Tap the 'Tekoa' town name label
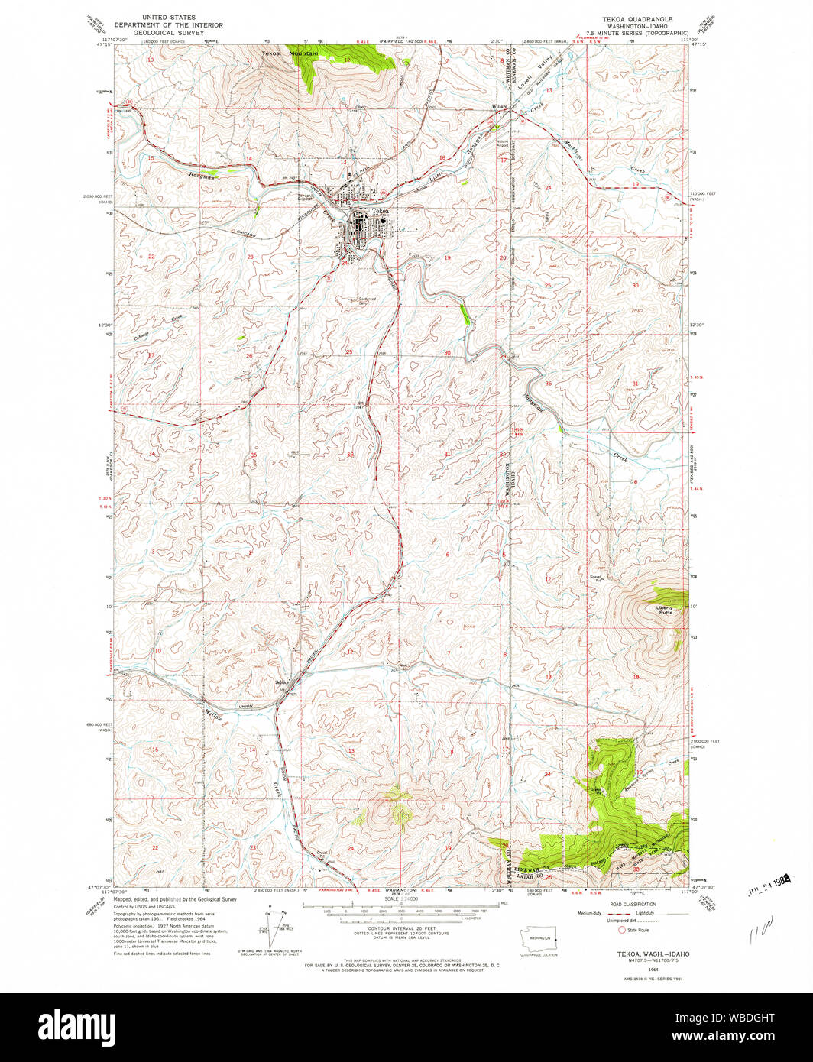point(380,211)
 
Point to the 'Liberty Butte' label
point(665,610)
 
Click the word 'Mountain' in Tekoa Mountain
point(303,53)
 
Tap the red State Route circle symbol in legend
point(622,930)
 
